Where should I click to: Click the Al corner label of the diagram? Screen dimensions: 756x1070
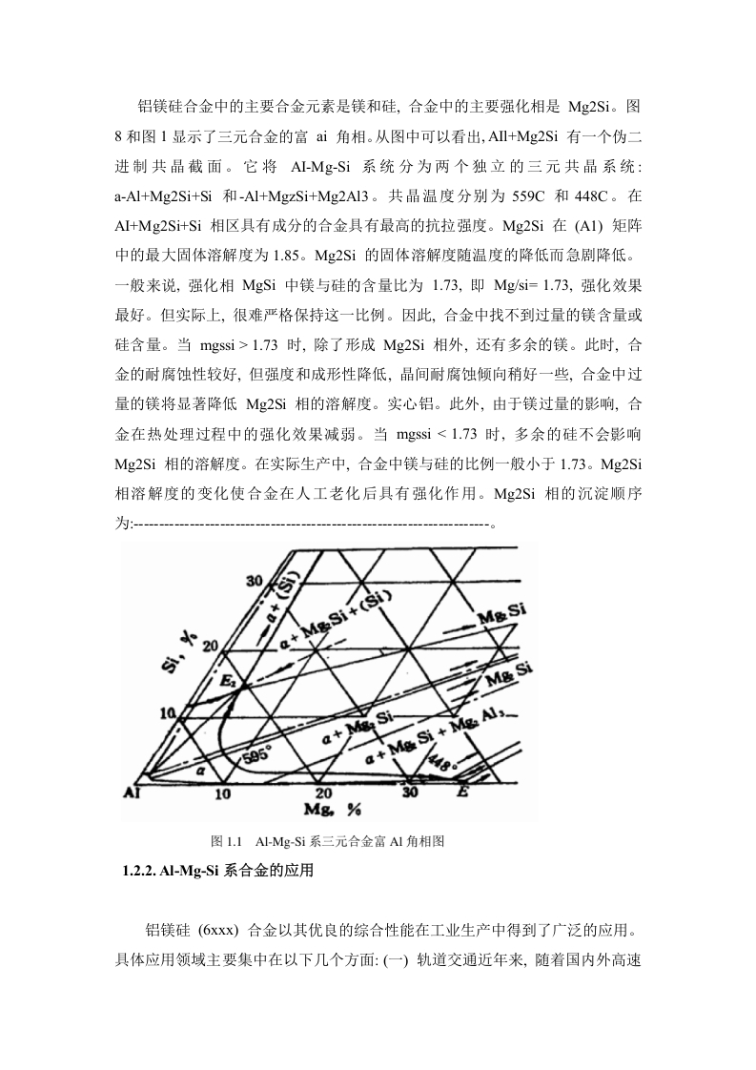(x=132, y=792)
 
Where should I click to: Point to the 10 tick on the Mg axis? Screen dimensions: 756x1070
(x=223, y=793)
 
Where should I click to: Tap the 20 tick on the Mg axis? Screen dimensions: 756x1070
(x=323, y=792)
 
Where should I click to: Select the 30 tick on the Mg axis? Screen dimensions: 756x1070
(x=409, y=792)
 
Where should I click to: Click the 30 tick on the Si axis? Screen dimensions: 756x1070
(x=255, y=581)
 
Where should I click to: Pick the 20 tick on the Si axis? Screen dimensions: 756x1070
(x=210, y=646)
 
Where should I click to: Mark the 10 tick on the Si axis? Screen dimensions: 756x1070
(x=168, y=713)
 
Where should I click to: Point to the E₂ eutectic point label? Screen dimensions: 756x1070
(x=228, y=680)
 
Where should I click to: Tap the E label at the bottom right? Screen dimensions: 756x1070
(x=463, y=792)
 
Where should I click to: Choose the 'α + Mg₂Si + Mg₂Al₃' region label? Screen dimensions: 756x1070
(x=437, y=733)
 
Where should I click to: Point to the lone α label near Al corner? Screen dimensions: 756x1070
(x=200, y=769)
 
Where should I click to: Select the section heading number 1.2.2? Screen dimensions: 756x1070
(x=138, y=871)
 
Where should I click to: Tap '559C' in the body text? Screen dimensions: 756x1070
(x=528, y=196)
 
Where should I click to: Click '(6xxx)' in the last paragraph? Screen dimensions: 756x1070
(x=218, y=930)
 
